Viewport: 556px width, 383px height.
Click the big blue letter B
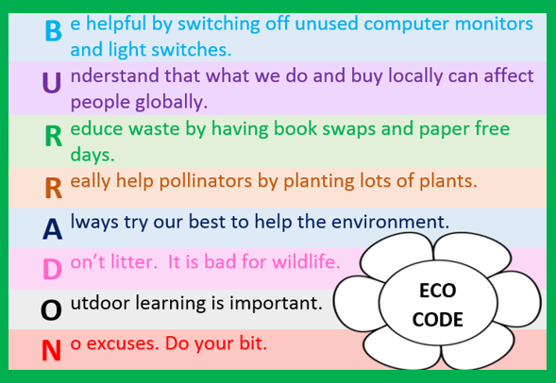tap(54, 31)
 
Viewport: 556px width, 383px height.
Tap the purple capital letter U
tap(52, 83)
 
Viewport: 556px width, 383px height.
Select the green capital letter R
tap(54, 136)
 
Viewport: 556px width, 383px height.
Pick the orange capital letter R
tap(54, 188)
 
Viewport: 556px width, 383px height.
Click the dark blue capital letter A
tap(53, 229)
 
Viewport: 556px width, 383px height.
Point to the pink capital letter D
tap(53, 270)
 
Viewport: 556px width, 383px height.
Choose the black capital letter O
tap(51, 310)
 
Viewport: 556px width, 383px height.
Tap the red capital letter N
tap(51, 350)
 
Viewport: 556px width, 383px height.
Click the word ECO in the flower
tap(438, 291)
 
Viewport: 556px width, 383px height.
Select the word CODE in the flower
tap(438, 320)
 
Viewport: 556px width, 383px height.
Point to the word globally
tap(171, 103)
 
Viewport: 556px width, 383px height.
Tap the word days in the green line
tap(93, 156)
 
